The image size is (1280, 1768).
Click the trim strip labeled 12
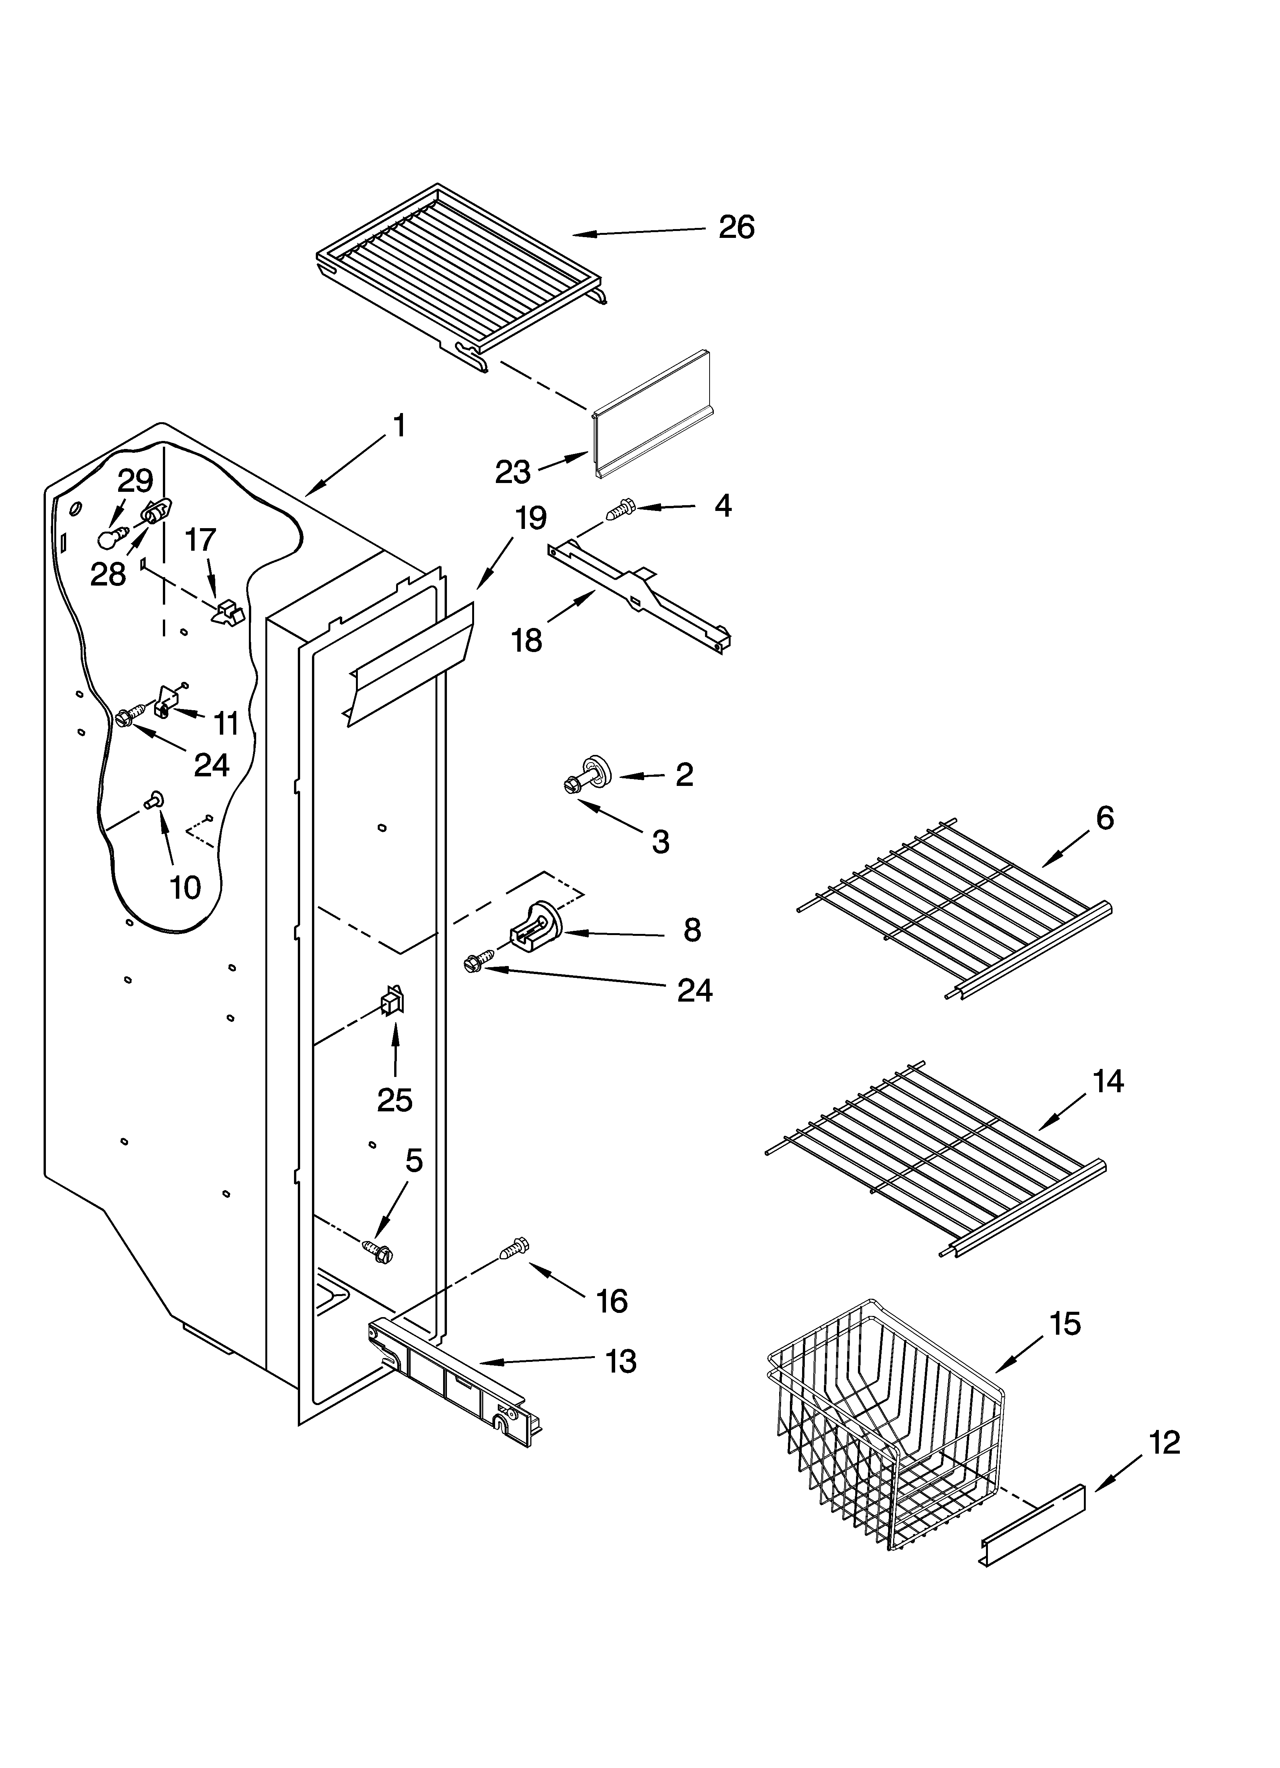(x=1033, y=1518)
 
